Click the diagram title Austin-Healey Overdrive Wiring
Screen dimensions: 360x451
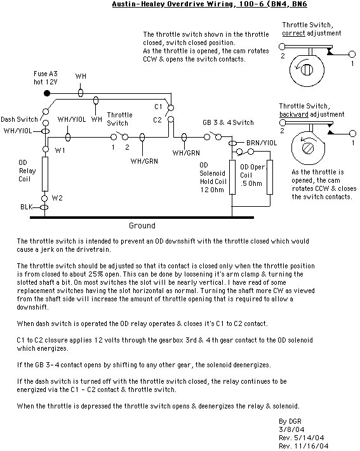coord(173,4)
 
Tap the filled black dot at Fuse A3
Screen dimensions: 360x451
coord(47,93)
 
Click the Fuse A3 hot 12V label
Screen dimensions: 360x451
coord(46,77)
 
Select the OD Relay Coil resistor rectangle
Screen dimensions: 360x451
coord(45,174)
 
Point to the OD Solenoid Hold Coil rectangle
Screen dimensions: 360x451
coord(232,177)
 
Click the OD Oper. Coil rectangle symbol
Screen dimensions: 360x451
coord(270,177)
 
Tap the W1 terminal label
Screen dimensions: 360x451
coord(60,150)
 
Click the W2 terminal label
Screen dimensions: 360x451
coord(57,198)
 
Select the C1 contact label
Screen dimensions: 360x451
coord(158,107)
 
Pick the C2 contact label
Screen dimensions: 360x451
coord(157,120)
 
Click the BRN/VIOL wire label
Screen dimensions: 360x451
coord(262,143)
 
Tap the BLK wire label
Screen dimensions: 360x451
coord(26,207)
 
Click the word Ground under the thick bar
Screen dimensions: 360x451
coord(142,226)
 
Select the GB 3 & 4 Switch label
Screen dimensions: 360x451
coord(228,122)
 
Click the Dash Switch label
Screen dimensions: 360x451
coord(19,119)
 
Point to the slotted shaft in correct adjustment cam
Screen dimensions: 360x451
coord(307,70)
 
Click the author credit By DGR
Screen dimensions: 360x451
coord(290,421)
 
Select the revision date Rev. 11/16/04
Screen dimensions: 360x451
coord(303,446)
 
